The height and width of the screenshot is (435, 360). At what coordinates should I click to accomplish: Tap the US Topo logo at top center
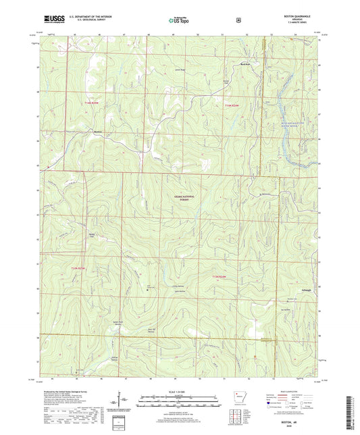point(179,22)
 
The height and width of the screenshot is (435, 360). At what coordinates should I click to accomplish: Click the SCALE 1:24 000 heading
point(179,392)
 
